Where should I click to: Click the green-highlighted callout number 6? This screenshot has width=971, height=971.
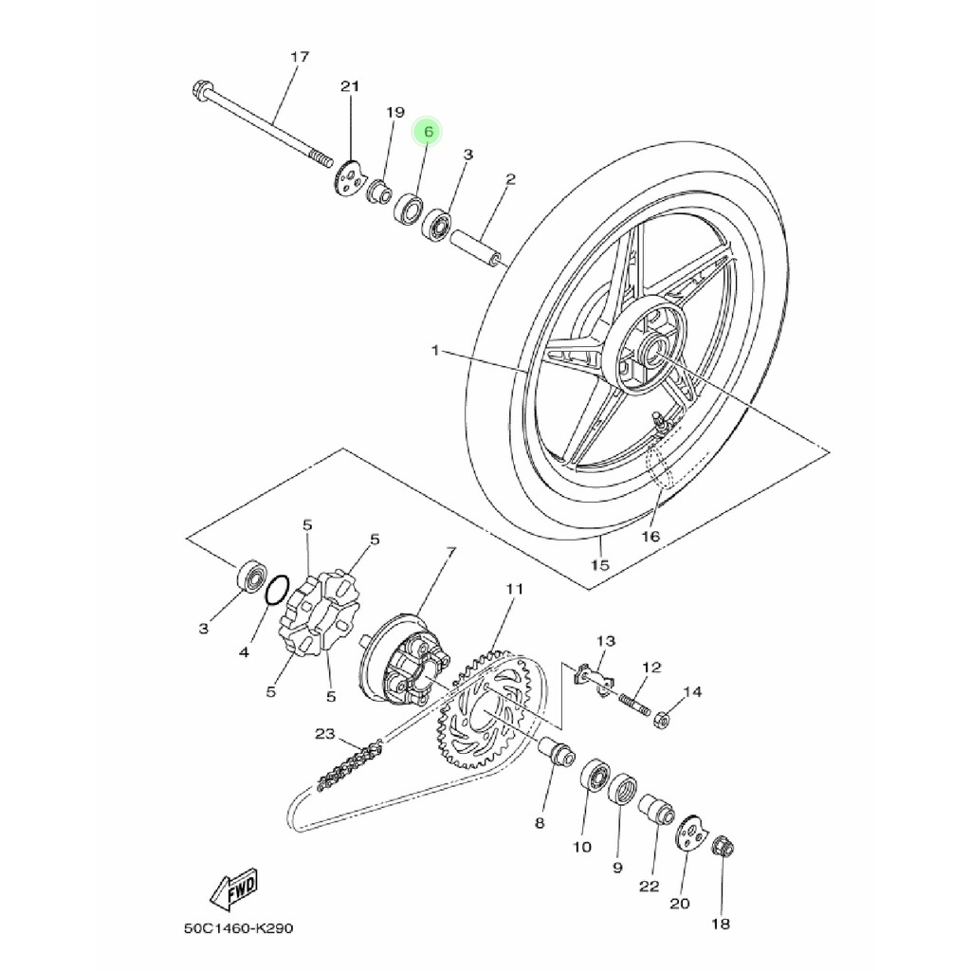click(428, 131)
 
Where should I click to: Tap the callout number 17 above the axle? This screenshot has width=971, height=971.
click(300, 57)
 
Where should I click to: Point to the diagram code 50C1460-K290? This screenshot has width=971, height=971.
click(238, 928)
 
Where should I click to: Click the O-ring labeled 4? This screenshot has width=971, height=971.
click(277, 590)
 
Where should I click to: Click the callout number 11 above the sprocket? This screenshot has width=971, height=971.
click(515, 589)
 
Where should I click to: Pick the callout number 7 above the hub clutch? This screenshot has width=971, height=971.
click(450, 552)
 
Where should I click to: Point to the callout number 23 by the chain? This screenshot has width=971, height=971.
click(324, 735)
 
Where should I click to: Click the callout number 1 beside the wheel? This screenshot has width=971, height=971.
click(434, 351)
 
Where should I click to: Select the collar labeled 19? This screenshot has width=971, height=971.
click(379, 191)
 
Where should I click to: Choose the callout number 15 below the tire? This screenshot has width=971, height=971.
click(599, 565)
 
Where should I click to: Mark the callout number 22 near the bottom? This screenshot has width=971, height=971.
click(649, 887)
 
